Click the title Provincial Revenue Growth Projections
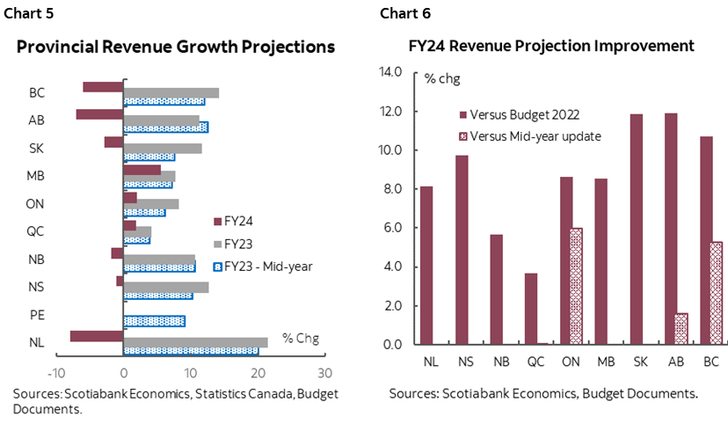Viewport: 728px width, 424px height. coord(176,47)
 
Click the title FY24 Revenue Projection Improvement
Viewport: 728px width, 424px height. coord(551,46)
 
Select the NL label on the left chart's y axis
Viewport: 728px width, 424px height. coord(37,342)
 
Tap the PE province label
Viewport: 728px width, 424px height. coord(38,315)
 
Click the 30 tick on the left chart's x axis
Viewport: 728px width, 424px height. coord(324,372)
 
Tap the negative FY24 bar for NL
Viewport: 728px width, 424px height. coord(97,335)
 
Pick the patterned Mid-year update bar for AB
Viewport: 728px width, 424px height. coord(681,328)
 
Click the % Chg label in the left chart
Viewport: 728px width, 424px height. coord(300,338)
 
